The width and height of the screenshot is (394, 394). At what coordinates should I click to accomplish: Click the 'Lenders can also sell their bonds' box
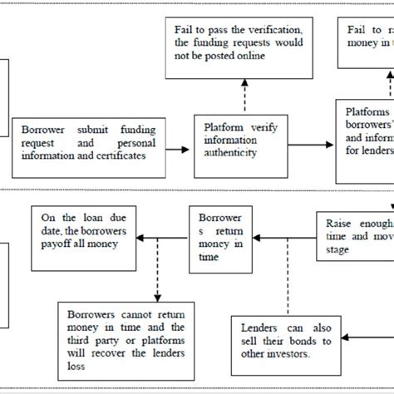[288, 337]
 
